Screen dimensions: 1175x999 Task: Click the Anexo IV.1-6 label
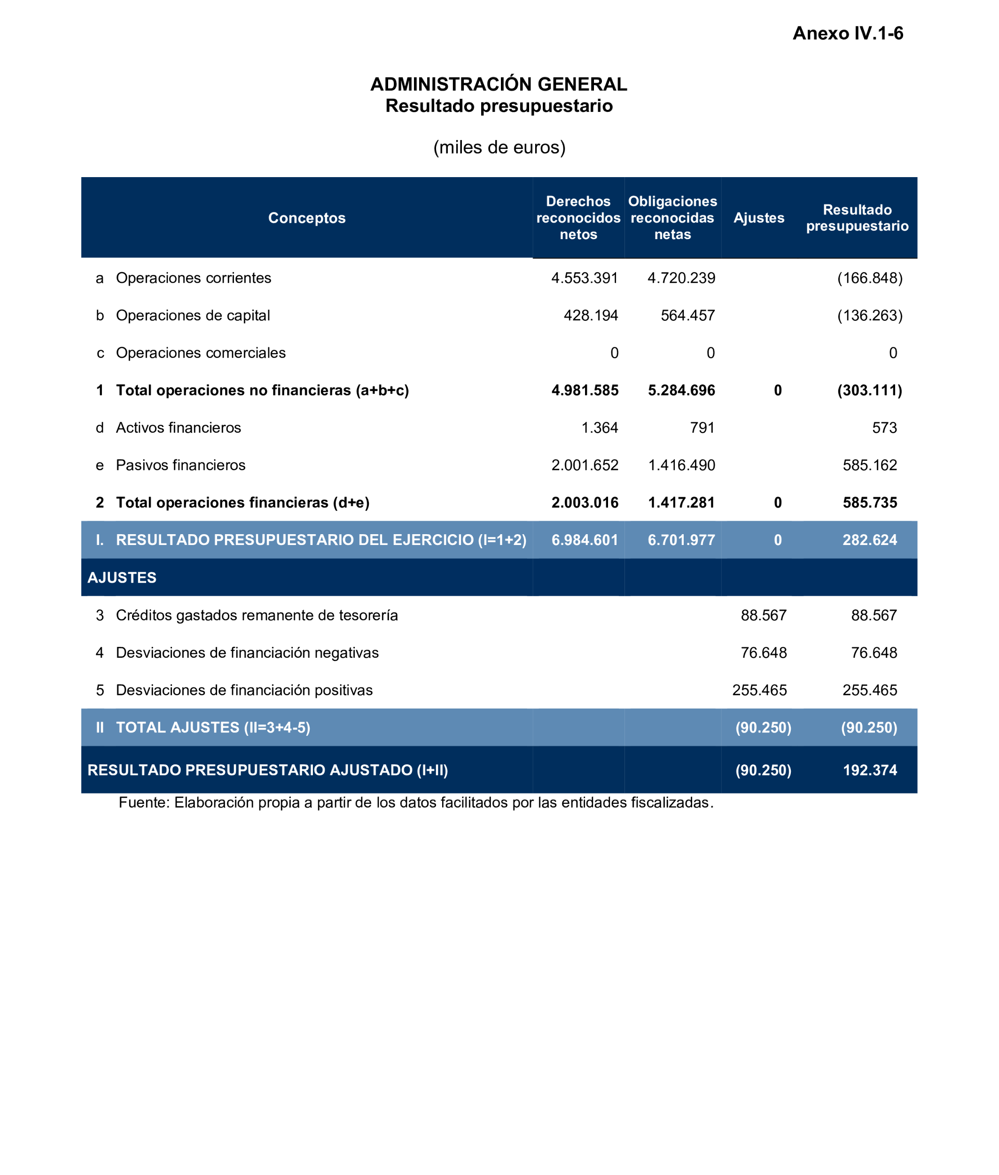(x=847, y=33)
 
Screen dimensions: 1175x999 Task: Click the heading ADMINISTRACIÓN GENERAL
(x=499, y=85)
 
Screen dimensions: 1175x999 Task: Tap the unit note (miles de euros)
(x=499, y=147)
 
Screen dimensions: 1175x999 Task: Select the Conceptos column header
(x=306, y=218)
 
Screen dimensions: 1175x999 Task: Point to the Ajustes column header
(x=758, y=218)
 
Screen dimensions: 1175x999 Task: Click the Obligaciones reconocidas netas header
(x=672, y=218)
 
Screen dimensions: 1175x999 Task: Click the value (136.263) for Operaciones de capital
(x=869, y=315)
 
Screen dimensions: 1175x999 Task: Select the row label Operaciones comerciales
(x=201, y=353)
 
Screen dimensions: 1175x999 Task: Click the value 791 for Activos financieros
(x=702, y=428)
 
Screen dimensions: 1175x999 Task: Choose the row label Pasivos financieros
(x=180, y=465)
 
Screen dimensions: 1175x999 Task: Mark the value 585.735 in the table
(x=869, y=502)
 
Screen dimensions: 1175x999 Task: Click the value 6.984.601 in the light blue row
(x=585, y=540)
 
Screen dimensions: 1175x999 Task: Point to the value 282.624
(x=869, y=540)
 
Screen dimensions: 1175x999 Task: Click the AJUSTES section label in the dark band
(x=122, y=577)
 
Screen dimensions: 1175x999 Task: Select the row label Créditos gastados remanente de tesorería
(x=257, y=615)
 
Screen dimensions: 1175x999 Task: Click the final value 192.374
(x=869, y=770)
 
